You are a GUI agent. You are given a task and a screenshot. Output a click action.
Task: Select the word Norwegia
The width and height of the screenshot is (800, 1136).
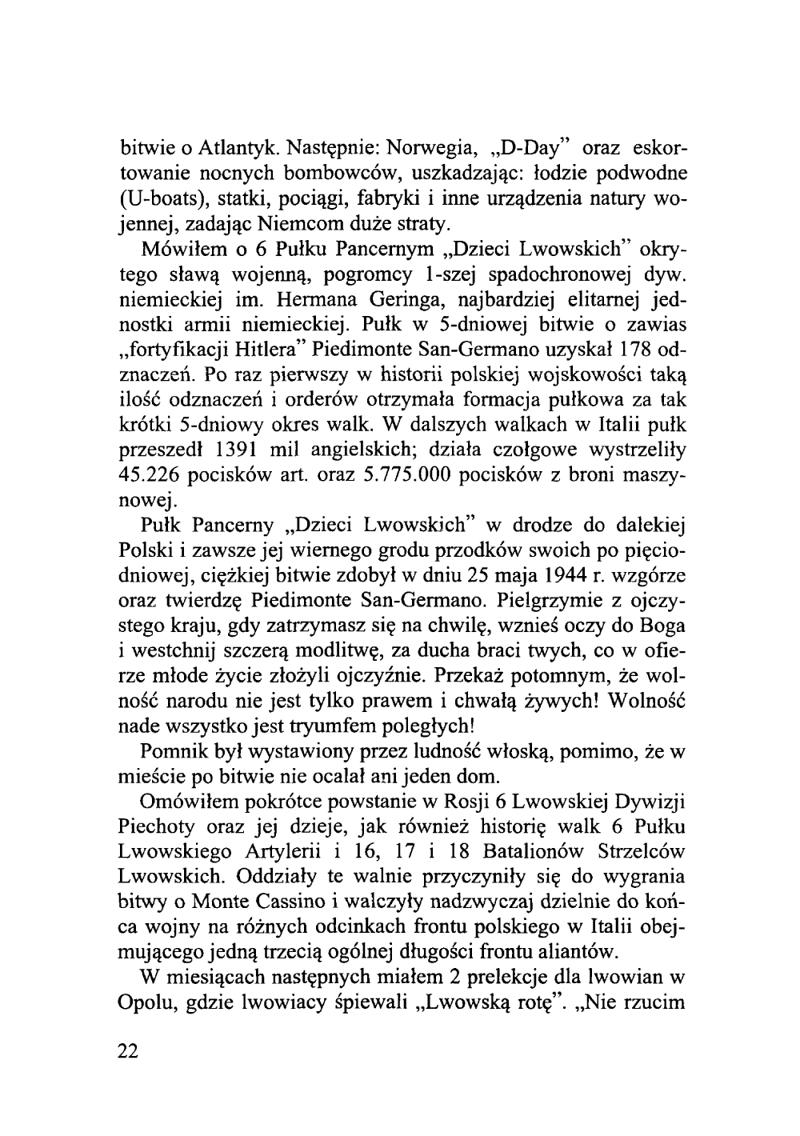coord(435,149)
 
